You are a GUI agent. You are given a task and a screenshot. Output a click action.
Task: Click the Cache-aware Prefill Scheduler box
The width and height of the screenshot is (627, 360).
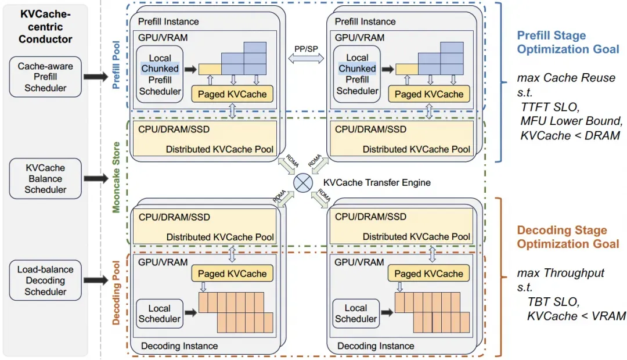[x=45, y=77]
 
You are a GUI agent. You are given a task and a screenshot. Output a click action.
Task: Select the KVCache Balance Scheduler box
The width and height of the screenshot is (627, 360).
[x=45, y=178]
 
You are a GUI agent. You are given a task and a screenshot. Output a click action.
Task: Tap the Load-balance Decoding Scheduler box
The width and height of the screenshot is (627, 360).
[x=45, y=280]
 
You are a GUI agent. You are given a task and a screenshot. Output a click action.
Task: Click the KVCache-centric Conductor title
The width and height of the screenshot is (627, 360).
[x=45, y=26]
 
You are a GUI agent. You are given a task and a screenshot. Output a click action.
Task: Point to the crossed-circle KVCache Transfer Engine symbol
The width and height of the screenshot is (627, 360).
[x=303, y=183]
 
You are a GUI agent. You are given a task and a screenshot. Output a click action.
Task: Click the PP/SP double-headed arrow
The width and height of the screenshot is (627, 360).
[x=307, y=59]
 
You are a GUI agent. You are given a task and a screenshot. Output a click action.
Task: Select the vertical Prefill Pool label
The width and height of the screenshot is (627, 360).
[x=116, y=65]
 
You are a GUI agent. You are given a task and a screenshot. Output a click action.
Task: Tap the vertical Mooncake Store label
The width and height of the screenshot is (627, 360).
[x=116, y=177]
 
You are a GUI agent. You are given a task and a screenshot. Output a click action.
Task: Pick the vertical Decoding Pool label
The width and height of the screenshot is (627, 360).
[x=116, y=293]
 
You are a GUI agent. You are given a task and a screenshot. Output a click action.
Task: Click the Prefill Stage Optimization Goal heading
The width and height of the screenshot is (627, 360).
[x=568, y=42]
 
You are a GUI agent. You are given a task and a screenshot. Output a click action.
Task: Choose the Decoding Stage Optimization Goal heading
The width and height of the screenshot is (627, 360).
[x=568, y=237]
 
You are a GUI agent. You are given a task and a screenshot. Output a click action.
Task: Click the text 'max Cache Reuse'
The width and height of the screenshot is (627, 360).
[x=566, y=78]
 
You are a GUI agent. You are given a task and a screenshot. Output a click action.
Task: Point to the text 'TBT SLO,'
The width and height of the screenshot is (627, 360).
[x=553, y=301]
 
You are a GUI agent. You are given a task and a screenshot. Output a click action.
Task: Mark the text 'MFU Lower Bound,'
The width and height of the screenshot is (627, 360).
[x=571, y=121]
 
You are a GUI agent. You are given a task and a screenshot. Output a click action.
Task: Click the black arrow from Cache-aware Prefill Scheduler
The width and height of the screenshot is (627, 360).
[x=96, y=76]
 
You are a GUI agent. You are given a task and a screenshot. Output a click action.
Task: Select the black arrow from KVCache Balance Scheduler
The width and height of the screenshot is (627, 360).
[x=96, y=178]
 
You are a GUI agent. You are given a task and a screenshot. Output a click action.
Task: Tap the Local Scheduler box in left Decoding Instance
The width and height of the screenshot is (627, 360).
[x=160, y=314]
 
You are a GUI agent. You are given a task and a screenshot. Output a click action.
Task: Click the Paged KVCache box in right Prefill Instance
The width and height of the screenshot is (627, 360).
[x=429, y=94]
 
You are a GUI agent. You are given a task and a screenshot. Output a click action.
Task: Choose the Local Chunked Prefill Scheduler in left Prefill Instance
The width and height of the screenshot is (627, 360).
[x=160, y=74]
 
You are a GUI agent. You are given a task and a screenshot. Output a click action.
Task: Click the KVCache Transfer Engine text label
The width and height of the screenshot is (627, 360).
[x=377, y=183]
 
